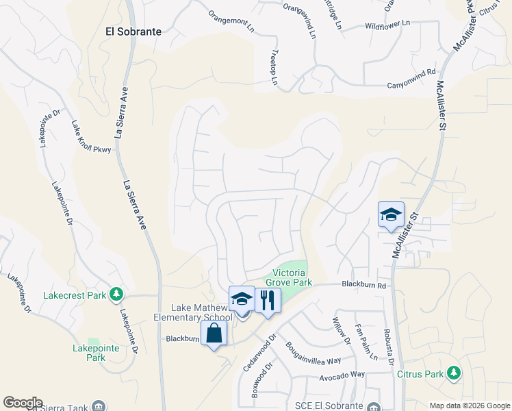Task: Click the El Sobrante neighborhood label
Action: (x=133, y=32)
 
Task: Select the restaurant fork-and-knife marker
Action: (x=268, y=299)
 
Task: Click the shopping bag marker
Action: (x=214, y=334)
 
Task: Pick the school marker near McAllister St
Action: (x=391, y=214)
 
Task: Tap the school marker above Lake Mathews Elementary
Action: (x=242, y=299)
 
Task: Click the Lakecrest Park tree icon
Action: (x=117, y=295)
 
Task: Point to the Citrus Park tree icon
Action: (x=452, y=373)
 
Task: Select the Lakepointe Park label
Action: (x=90, y=353)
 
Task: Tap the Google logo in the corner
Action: (x=23, y=403)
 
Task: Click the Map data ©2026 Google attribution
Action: (x=469, y=406)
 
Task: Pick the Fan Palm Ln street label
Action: (x=365, y=342)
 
